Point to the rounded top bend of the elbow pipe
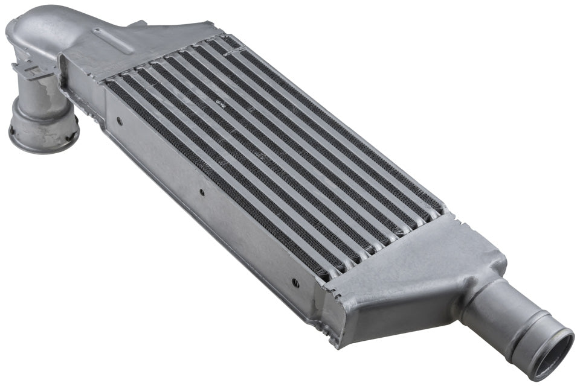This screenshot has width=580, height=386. click(36, 24)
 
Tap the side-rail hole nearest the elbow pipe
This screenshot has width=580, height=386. click(118, 121)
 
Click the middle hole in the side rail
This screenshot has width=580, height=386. click(202, 193)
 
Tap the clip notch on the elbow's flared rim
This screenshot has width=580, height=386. click(13, 130)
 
